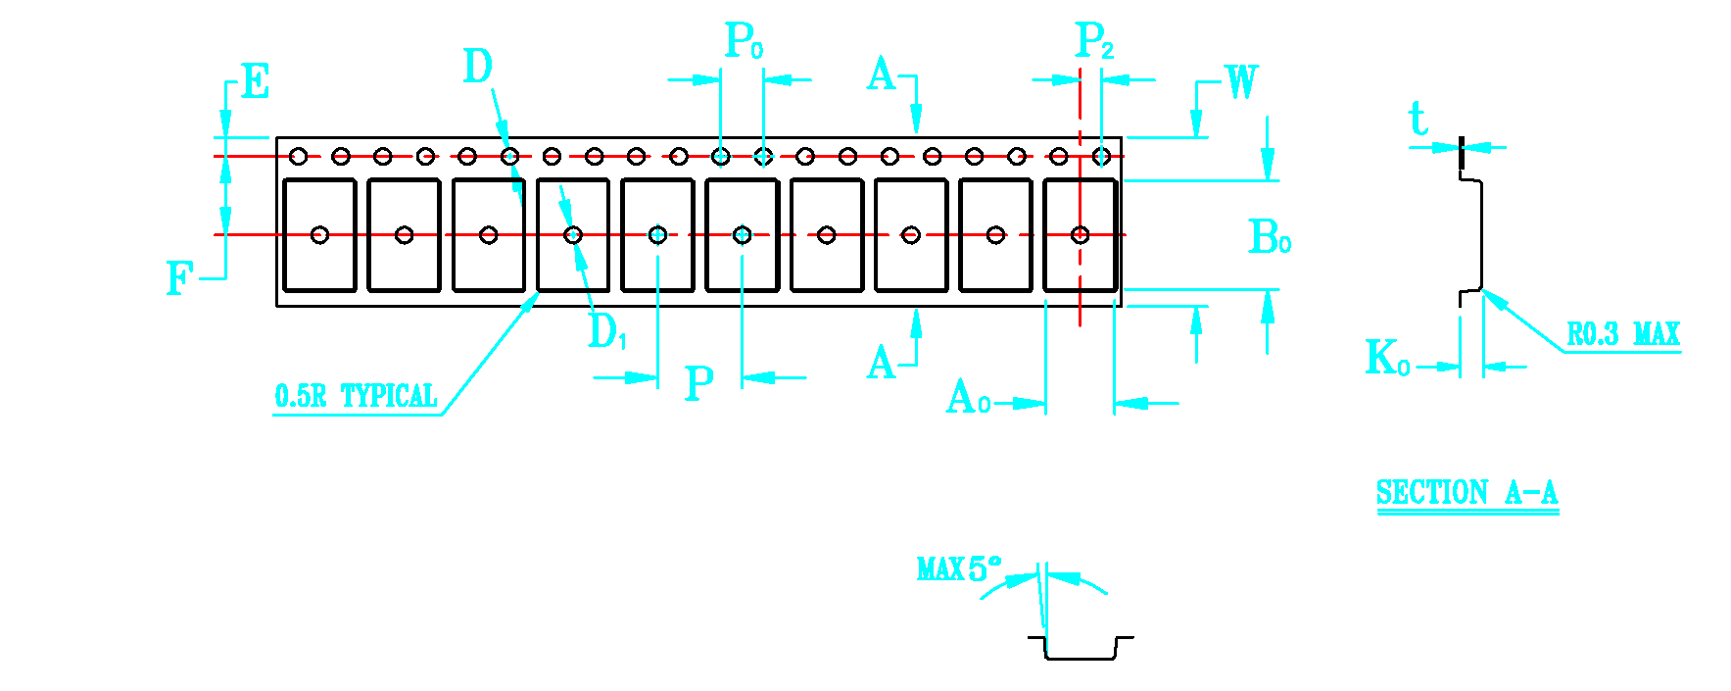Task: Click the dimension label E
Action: click(x=255, y=81)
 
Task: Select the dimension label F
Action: click(x=179, y=278)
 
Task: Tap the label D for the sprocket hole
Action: click(x=478, y=67)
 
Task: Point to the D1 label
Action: click(x=606, y=331)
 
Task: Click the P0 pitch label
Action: click(x=744, y=40)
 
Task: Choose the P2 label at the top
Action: click(x=1094, y=40)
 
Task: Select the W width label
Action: click(x=1241, y=82)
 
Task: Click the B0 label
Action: click(x=1270, y=237)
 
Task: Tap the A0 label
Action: click(x=968, y=398)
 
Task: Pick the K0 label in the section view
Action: click(x=1387, y=358)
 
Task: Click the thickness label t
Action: click(x=1418, y=120)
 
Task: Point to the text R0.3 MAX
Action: click(x=1623, y=334)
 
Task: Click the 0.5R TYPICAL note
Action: click(x=356, y=396)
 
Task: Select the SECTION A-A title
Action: click(x=1467, y=492)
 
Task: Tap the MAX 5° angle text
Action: click(x=959, y=568)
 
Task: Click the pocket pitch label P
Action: click(x=698, y=383)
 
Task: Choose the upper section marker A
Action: click(x=882, y=74)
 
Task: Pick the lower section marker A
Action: click(x=882, y=363)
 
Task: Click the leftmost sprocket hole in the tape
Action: click(x=299, y=156)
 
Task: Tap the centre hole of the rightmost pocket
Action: click(x=1080, y=235)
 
